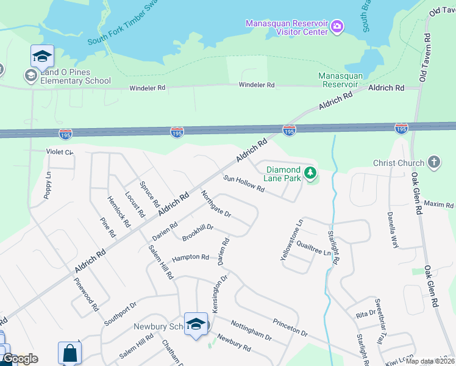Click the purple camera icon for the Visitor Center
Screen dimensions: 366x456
pyautogui.click(x=337, y=27)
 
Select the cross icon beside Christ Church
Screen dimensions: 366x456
pyautogui.click(x=433, y=163)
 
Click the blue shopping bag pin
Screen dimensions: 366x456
pyautogui.click(x=69, y=353)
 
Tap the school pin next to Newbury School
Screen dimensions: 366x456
pyautogui.click(x=196, y=325)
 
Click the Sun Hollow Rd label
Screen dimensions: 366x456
pyautogui.click(x=243, y=184)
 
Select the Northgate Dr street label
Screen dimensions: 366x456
pyautogui.click(x=216, y=204)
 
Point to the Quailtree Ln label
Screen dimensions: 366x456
pyautogui.click(x=313, y=248)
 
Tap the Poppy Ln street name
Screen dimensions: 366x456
pyautogui.click(x=47, y=185)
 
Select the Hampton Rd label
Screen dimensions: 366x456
pyautogui.click(x=190, y=258)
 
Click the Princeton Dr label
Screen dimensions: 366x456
pyautogui.click(x=290, y=326)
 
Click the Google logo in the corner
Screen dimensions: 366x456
pyautogui.click(x=20, y=359)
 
